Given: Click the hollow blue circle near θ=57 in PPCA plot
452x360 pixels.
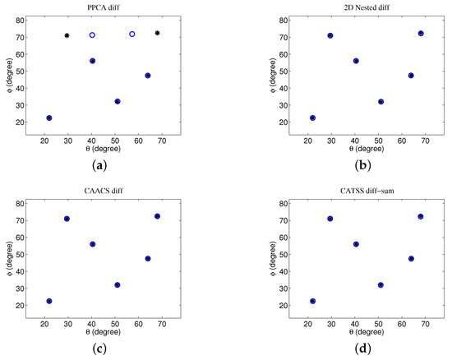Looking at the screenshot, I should click(132, 35).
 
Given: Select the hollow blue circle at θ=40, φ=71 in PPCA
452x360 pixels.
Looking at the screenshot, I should click(93, 35).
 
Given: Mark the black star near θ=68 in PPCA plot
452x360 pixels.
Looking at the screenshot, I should click(158, 33).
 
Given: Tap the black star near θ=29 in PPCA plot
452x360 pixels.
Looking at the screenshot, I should click(67, 35).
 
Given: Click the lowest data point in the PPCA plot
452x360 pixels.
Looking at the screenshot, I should click(49, 118).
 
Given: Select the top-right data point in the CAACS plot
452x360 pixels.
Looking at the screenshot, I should click(158, 216).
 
